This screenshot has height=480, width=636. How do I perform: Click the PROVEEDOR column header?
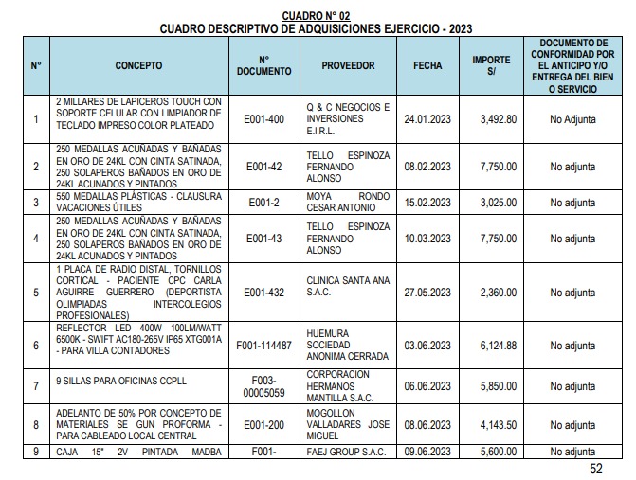point(348,65)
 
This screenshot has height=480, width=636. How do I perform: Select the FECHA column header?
point(427,65)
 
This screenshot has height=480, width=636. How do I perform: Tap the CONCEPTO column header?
point(138,65)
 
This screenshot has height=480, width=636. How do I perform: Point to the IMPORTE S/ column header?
point(491,65)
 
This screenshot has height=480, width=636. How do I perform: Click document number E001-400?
point(264,119)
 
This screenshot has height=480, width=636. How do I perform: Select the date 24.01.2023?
point(427,119)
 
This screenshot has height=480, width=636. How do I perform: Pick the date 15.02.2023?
point(427,202)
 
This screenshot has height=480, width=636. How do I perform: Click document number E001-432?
point(264,293)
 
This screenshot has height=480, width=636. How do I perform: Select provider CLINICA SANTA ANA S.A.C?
point(349,286)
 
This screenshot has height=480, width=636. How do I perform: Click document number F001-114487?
point(264,346)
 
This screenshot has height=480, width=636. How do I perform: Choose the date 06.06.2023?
point(427,386)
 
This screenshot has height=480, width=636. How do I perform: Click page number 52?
point(595,468)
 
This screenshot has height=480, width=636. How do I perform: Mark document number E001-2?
point(264,202)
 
